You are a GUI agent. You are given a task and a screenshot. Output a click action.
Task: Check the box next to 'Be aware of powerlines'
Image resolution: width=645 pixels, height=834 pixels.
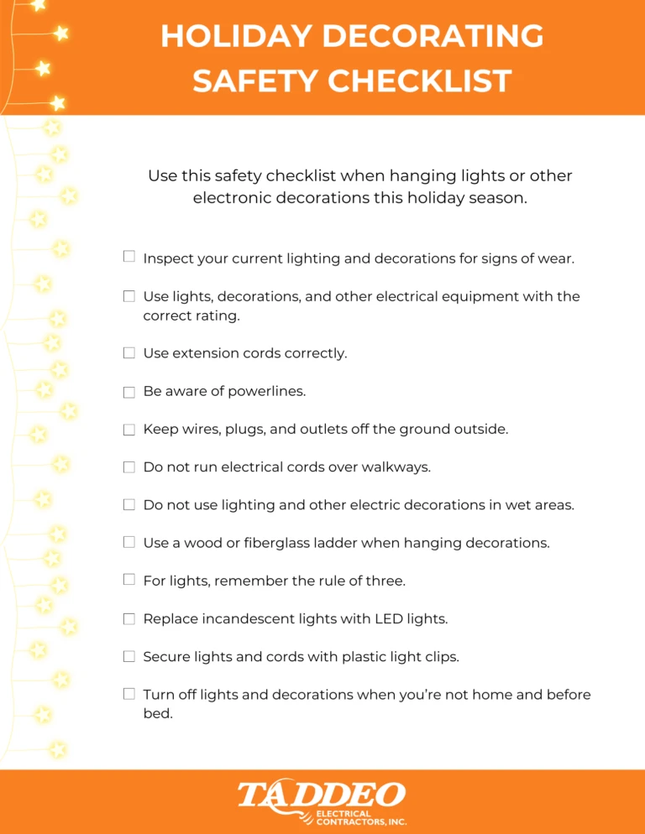pyautogui.click(x=129, y=392)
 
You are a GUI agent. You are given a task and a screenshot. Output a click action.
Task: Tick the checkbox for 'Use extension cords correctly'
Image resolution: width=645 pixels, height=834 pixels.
pyautogui.click(x=129, y=353)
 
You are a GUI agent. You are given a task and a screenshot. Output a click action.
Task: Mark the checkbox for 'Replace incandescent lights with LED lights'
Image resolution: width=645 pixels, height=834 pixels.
pyautogui.click(x=129, y=619)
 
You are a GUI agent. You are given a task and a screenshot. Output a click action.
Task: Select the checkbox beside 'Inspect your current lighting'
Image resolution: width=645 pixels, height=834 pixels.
pyautogui.click(x=129, y=257)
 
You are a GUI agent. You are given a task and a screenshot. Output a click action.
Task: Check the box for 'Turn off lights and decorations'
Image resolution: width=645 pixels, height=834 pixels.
pyautogui.click(x=129, y=694)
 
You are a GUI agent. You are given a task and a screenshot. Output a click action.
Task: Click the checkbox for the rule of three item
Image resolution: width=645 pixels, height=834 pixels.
pyautogui.click(x=129, y=580)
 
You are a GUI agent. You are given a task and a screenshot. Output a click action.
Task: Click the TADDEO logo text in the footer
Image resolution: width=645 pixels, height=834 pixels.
pyautogui.click(x=322, y=795)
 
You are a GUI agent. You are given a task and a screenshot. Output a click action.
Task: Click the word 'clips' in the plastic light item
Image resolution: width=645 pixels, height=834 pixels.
pyautogui.click(x=440, y=657)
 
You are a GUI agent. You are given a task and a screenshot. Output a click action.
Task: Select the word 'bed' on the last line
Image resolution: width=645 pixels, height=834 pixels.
pyautogui.click(x=158, y=714)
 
